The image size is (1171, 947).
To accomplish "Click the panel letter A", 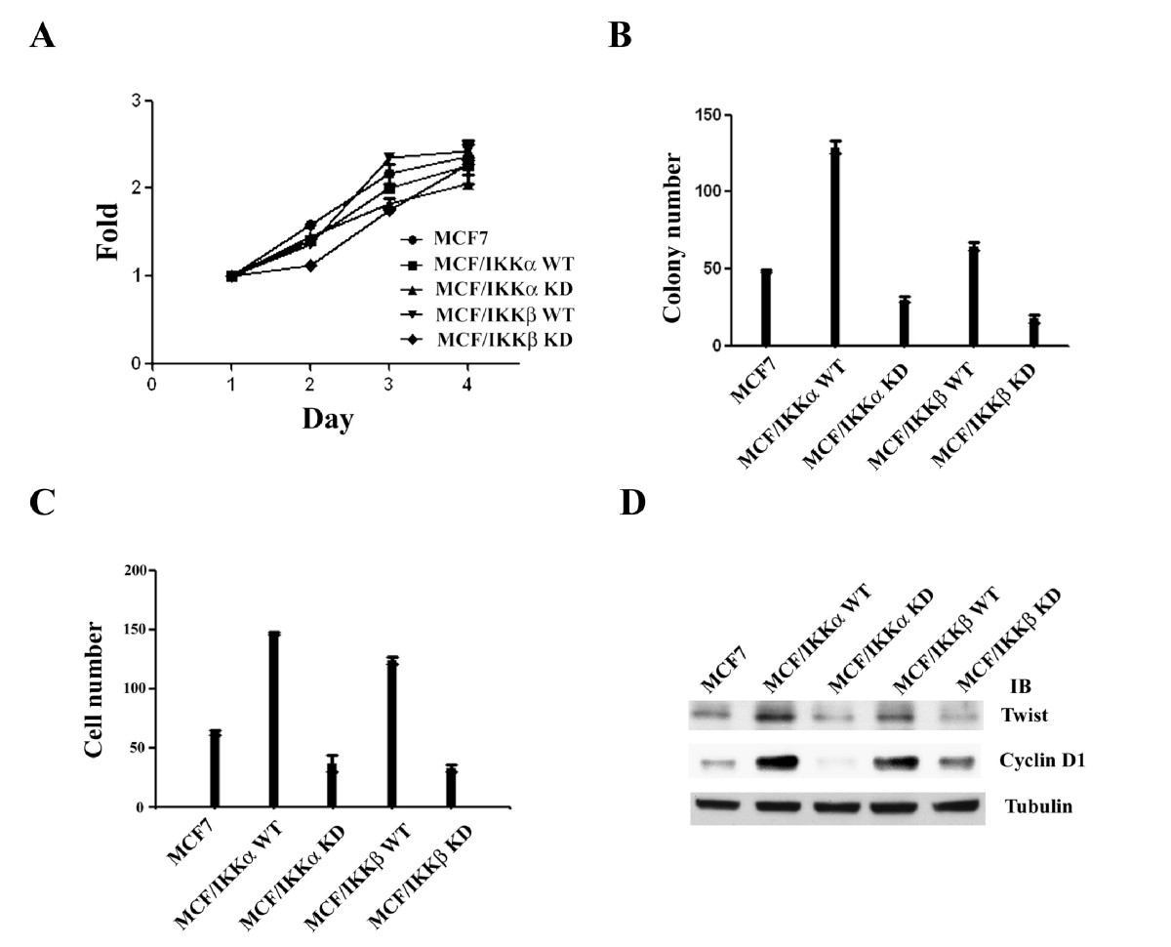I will coord(42,36).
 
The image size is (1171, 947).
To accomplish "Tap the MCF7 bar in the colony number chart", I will coord(766,308).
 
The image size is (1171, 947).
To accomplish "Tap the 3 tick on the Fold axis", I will coord(136,101).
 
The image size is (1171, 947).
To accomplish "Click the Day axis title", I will coord(327,420).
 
